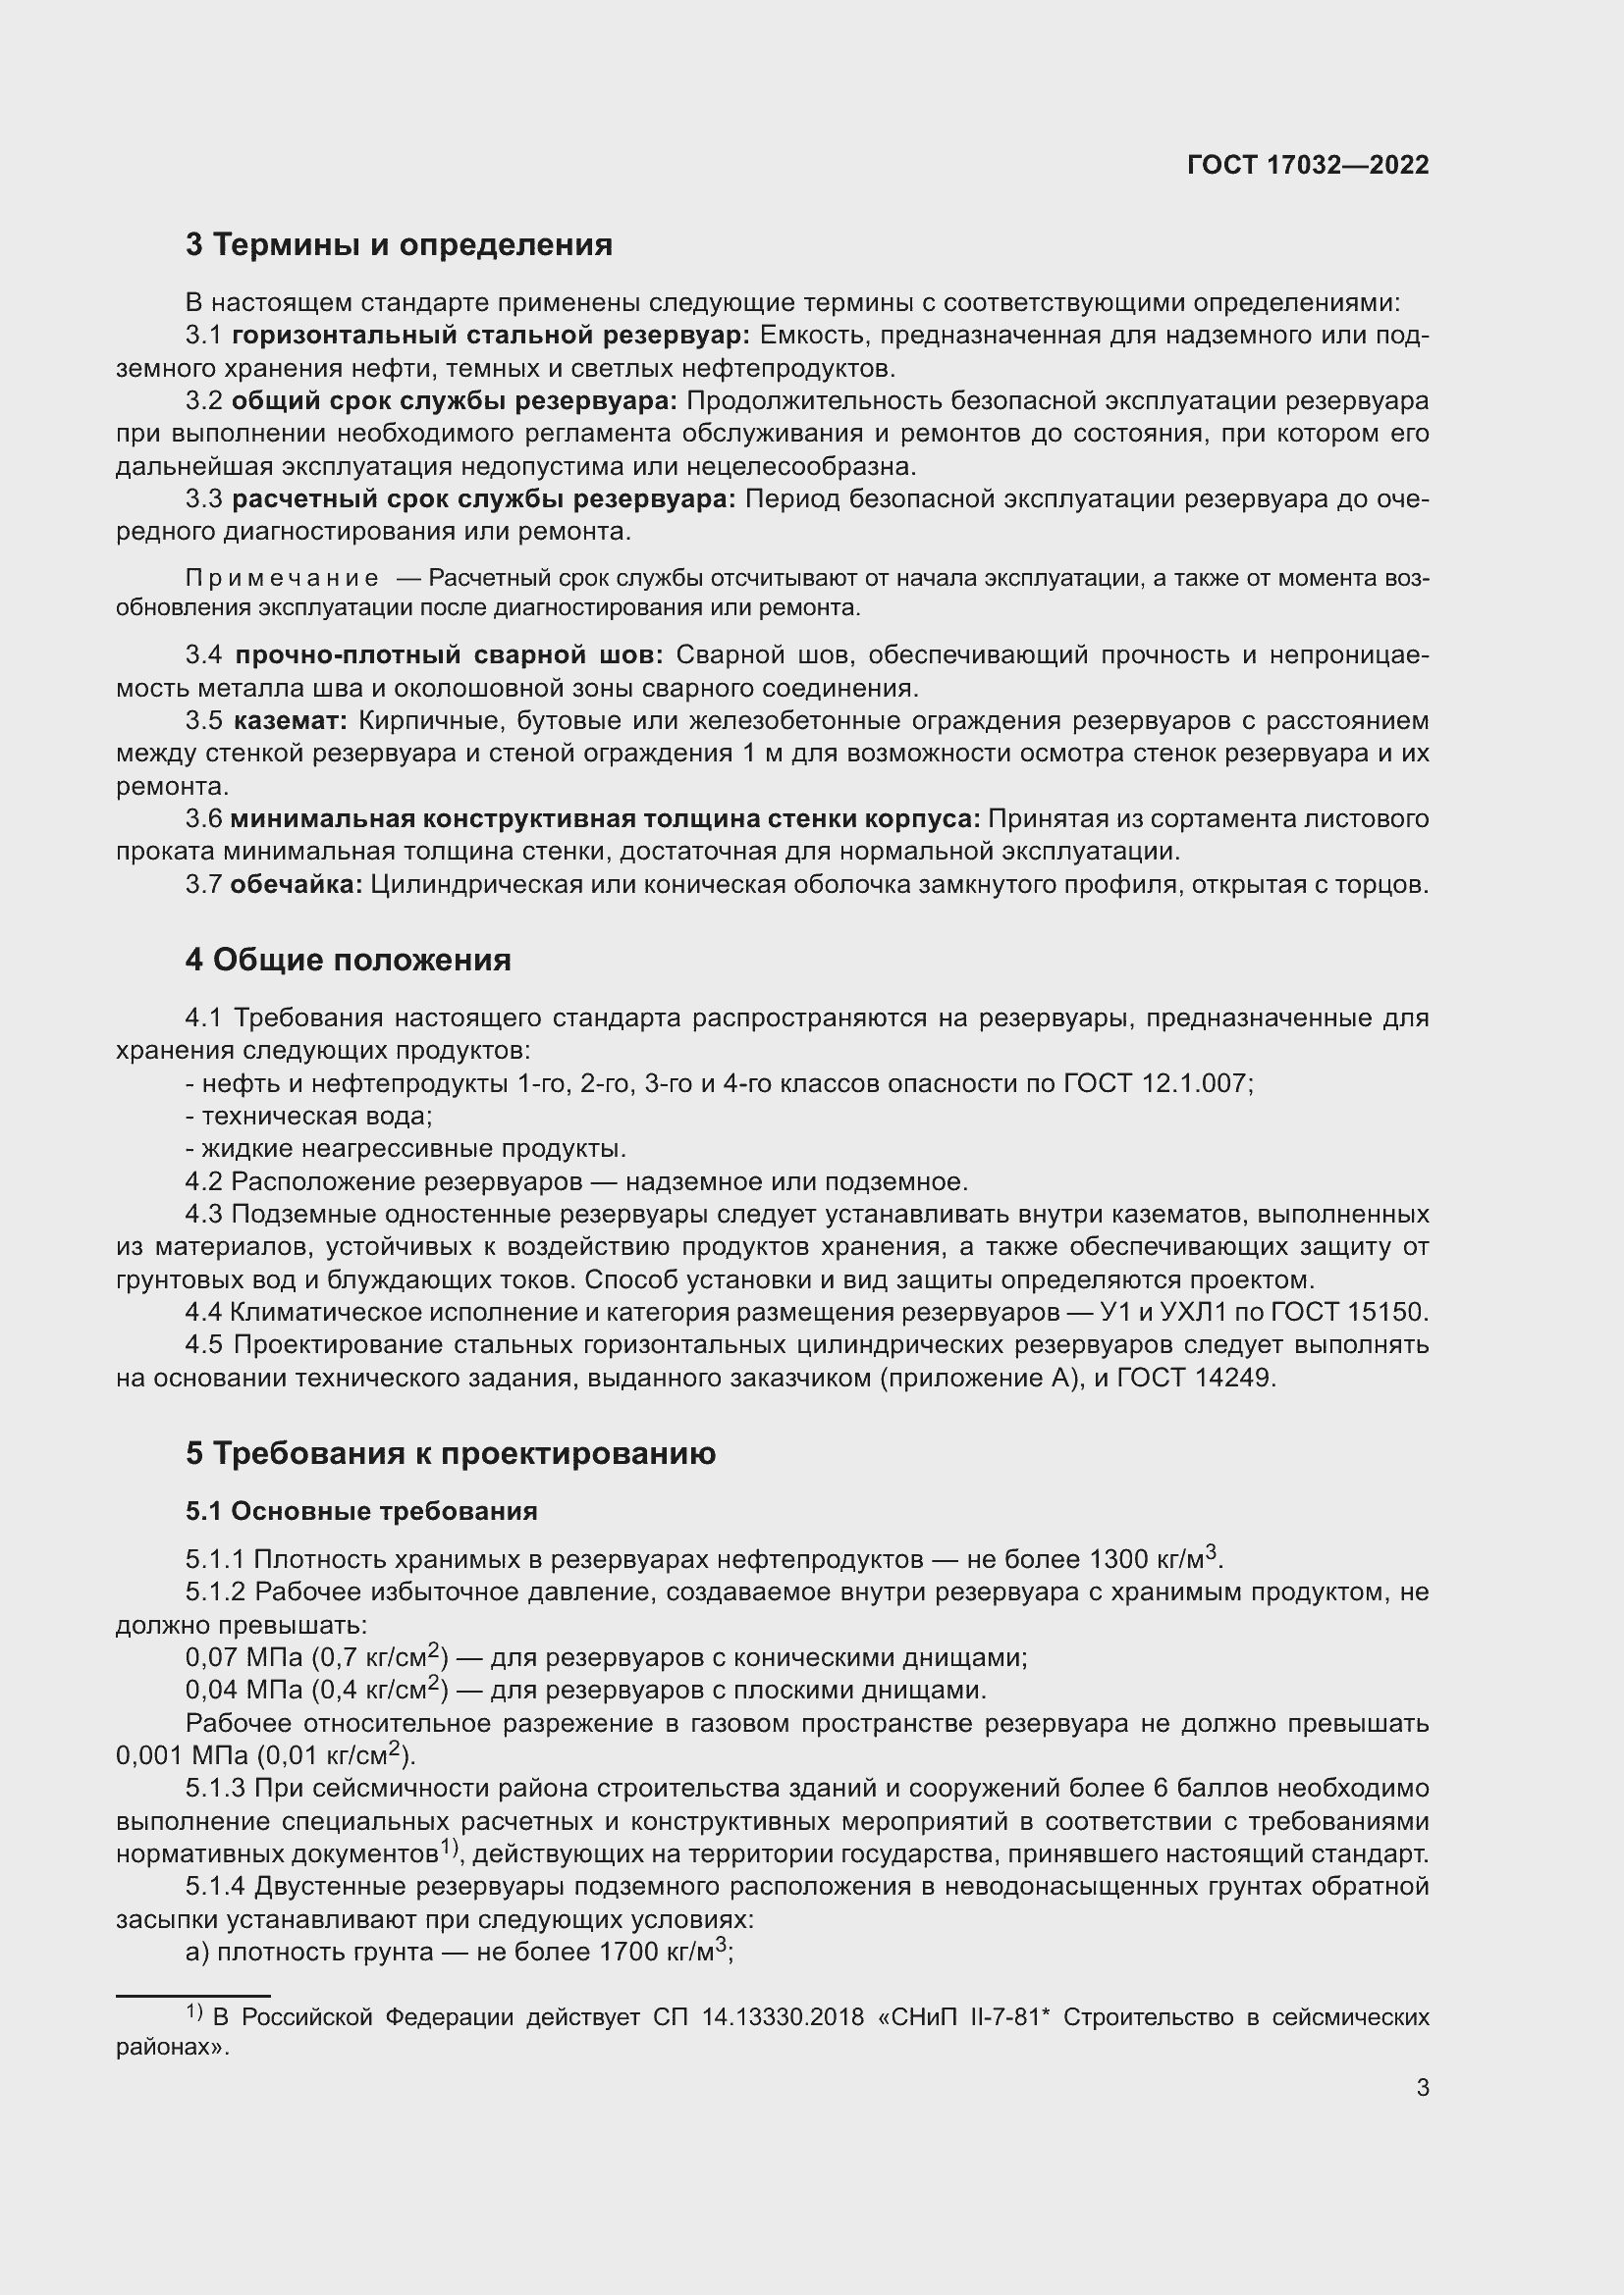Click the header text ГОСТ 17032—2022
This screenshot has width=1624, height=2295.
coord(1308,165)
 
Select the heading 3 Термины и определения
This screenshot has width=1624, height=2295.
coord(399,245)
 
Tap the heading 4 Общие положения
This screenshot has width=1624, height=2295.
coord(348,960)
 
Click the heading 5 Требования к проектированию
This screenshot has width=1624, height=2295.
coord(451,1453)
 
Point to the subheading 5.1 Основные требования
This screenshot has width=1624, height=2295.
coord(361,1510)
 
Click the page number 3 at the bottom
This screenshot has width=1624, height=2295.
coord(1423,2087)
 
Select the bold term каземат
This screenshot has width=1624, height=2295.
coord(291,721)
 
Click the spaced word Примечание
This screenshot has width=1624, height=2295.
coord(282,578)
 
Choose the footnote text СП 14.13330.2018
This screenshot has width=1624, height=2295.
coord(758,2017)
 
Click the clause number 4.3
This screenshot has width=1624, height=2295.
coord(204,1215)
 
